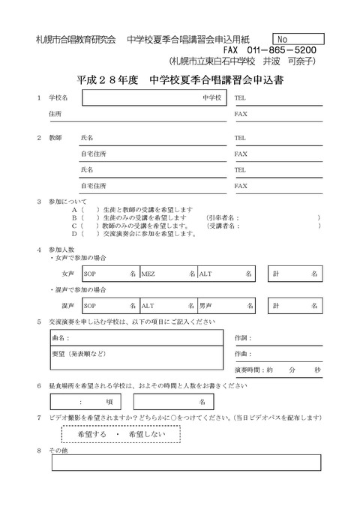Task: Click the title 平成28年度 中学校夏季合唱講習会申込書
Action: (179, 79)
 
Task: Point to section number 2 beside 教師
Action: (39, 138)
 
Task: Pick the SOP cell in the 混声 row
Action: (109, 306)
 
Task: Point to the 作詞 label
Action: (243, 339)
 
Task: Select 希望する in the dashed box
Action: (93, 434)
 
